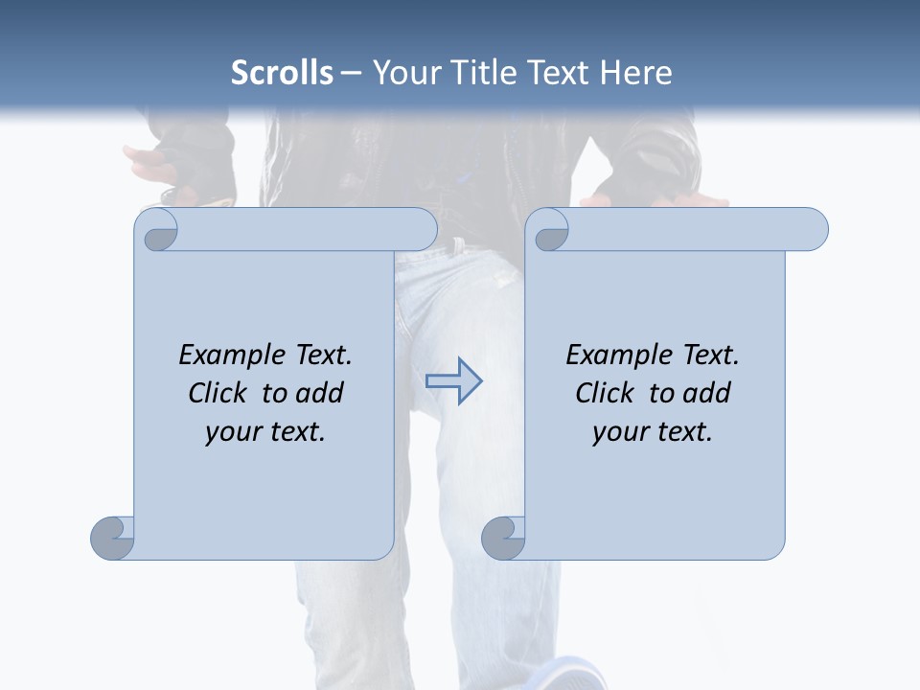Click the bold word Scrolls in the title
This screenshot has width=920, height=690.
click(283, 72)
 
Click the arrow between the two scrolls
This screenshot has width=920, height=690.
click(453, 381)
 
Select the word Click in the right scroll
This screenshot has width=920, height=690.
click(606, 393)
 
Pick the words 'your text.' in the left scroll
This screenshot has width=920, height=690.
click(265, 431)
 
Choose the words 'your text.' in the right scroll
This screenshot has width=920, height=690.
click(653, 431)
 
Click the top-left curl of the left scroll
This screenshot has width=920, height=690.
click(157, 231)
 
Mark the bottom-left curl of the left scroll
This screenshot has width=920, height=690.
click(113, 538)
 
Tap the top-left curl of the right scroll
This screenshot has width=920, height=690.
click(549, 231)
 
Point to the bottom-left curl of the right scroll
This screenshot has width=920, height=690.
click(503, 538)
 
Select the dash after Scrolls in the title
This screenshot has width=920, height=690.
click(351, 72)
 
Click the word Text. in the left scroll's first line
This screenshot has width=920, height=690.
click(322, 356)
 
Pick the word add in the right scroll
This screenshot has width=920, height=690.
click(709, 393)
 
